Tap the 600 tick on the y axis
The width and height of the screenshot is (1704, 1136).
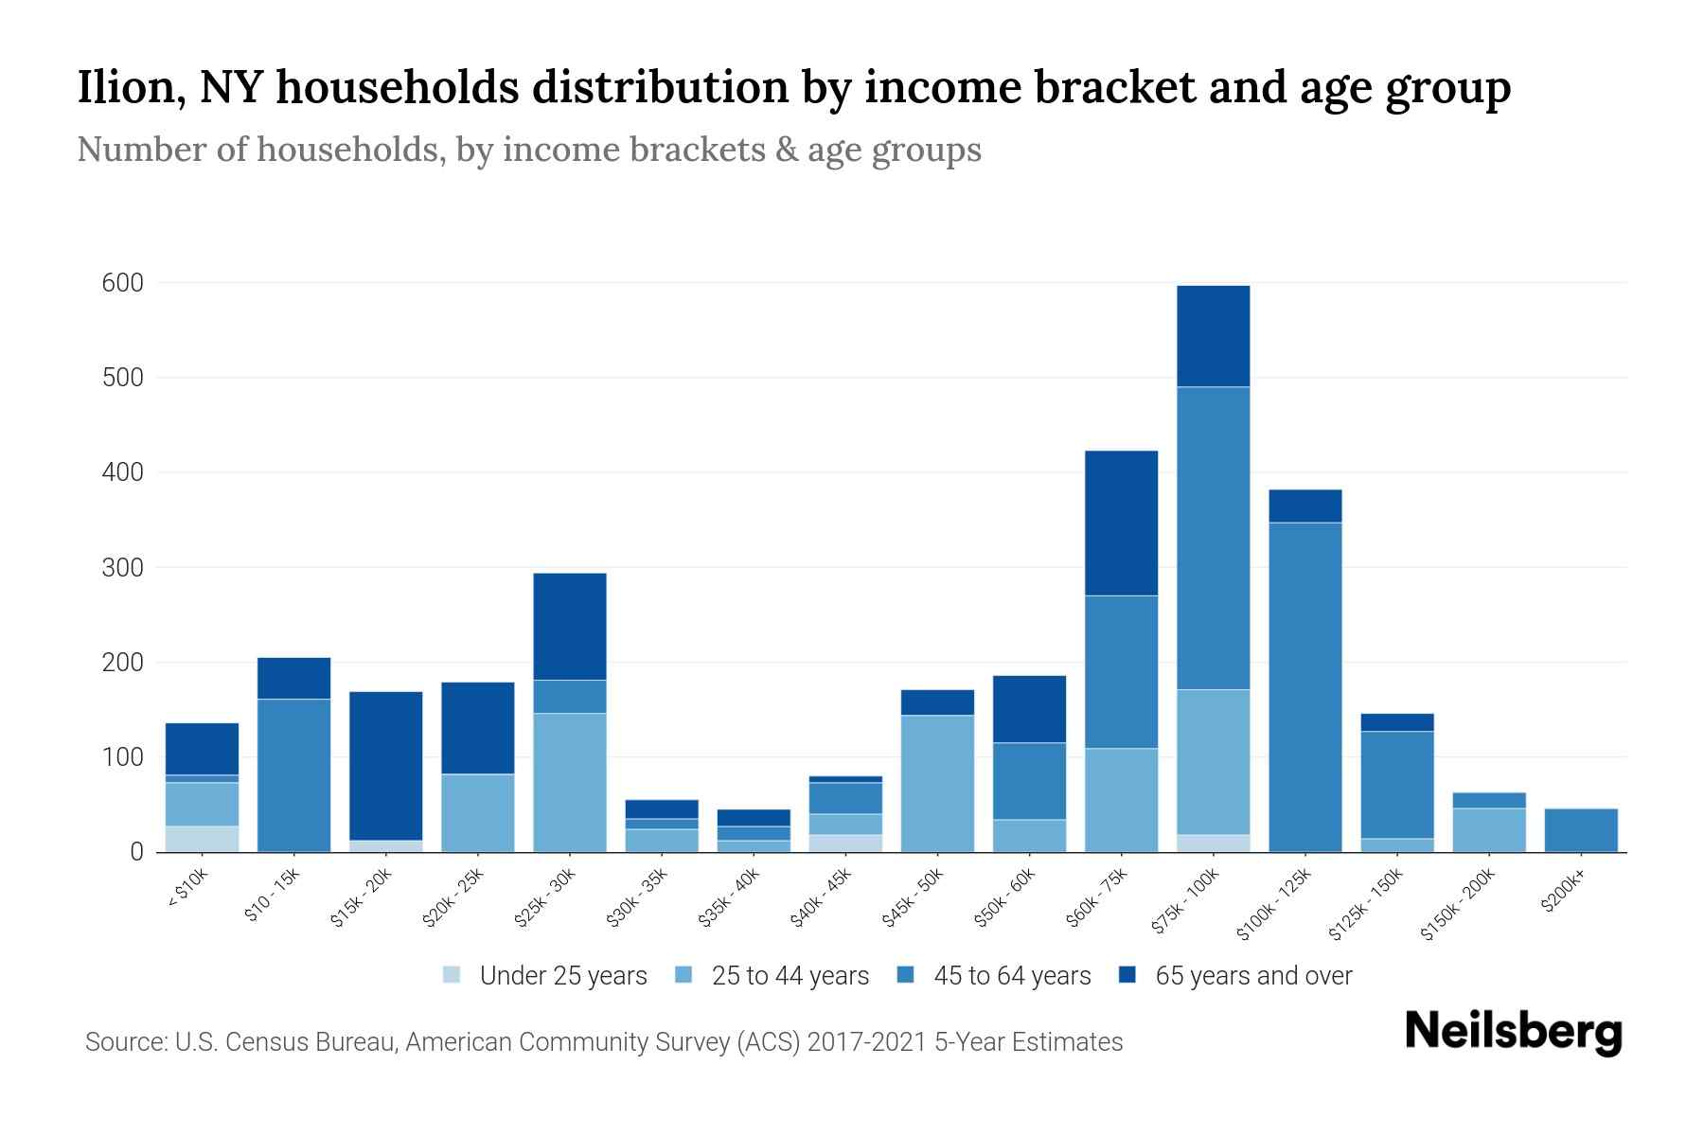click(x=123, y=283)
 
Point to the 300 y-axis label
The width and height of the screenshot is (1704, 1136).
click(x=123, y=568)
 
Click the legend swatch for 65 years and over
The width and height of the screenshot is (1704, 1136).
click(x=1127, y=975)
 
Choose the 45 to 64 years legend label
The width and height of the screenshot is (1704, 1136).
click(x=1012, y=976)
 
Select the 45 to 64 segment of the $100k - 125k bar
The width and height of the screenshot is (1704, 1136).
click(x=1305, y=686)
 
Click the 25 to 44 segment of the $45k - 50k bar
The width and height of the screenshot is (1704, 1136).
click(x=937, y=783)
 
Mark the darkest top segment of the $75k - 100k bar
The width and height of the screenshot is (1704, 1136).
click(x=1213, y=336)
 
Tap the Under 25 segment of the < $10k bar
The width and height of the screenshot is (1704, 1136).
click(x=202, y=839)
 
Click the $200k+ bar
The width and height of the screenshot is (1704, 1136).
click(x=1581, y=830)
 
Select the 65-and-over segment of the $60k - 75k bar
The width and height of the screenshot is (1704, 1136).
click(x=1121, y=523)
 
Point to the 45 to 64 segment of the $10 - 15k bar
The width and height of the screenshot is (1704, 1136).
click(x=293, y=775)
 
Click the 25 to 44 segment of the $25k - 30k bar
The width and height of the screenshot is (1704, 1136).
click(x=570, y=782)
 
